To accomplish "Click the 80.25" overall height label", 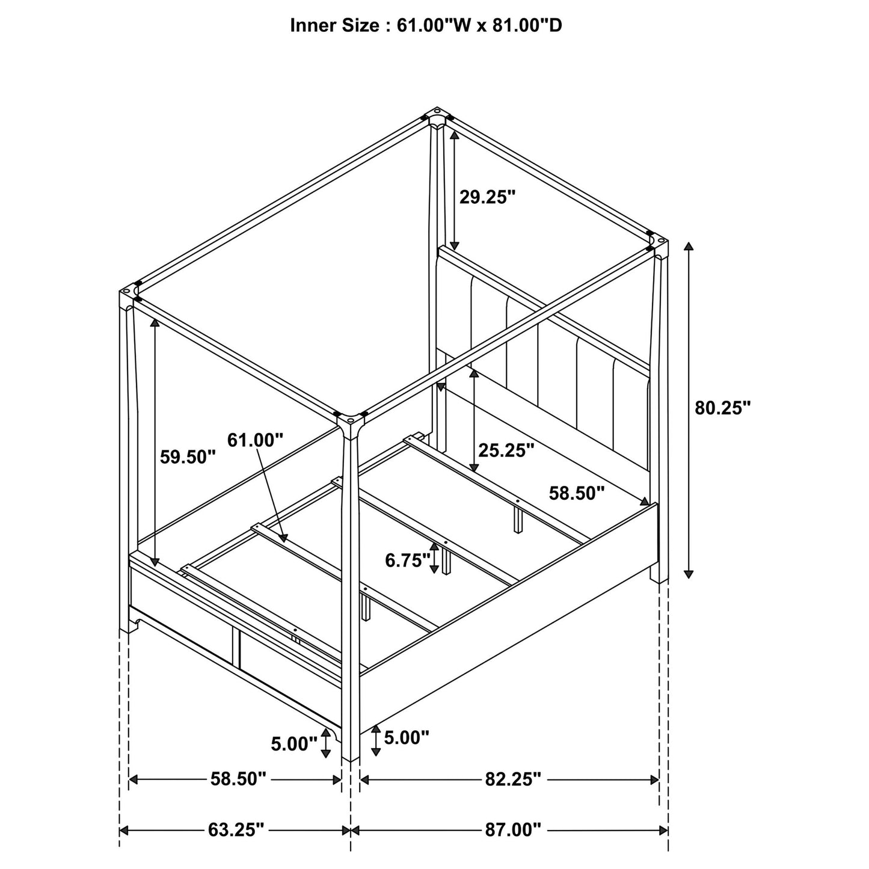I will coord(723,408).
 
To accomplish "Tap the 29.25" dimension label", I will coord(488,197).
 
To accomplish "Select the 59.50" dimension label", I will coord(188,457).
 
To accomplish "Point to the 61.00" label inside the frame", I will coord(255,440).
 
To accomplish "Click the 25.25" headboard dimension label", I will coord(506,450).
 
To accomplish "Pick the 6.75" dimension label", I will coord(407,560).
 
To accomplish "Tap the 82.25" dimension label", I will coord(513,779).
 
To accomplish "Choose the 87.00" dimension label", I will coord(513,830).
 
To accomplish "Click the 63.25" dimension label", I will coord(236,830).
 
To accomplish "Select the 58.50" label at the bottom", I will coord(238,779).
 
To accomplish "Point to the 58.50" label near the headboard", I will coord(576,493).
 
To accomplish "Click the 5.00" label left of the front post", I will coord(293,744).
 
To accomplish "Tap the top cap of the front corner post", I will coord(349,419).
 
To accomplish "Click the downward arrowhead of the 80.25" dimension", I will coord(689,574).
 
